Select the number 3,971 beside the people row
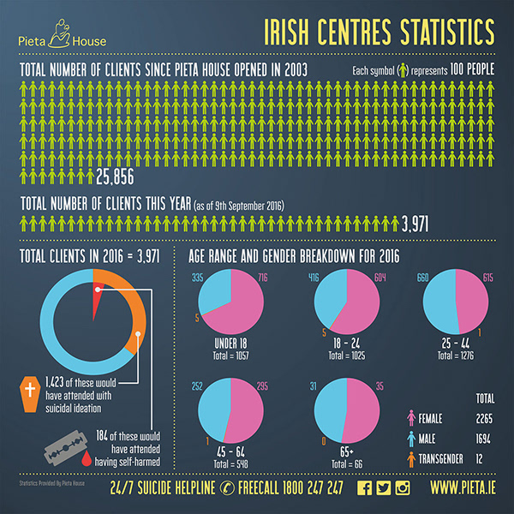pyautogui.click(x=415, y=224)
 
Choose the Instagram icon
pyautogui.click(x=402, y=489)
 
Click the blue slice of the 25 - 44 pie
pyautogui.click(x=433, y=304)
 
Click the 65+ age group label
pyautogui.click(x=347, y=439)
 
